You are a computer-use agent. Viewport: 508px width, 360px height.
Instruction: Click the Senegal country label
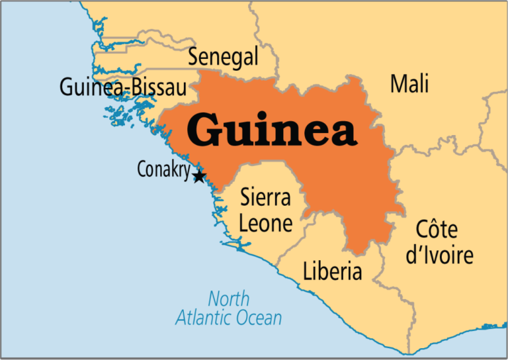coord(223,57)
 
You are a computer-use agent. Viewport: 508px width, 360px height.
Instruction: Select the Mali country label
coord(409,84)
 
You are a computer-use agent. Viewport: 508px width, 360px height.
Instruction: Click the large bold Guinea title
coord(272,130)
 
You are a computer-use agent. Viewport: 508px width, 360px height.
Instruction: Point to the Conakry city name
coord(163,169)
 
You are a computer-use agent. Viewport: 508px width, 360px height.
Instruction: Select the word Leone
coord(265,223)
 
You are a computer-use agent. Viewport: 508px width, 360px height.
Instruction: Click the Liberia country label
coord(332,271)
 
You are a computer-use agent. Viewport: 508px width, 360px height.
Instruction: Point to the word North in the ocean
coord(228,298)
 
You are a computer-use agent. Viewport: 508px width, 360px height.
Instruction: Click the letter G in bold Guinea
coord(205,130)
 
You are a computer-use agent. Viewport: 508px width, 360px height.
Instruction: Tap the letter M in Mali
coord(398,84)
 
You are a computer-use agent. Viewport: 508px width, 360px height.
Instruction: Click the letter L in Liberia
coord(308,271)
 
